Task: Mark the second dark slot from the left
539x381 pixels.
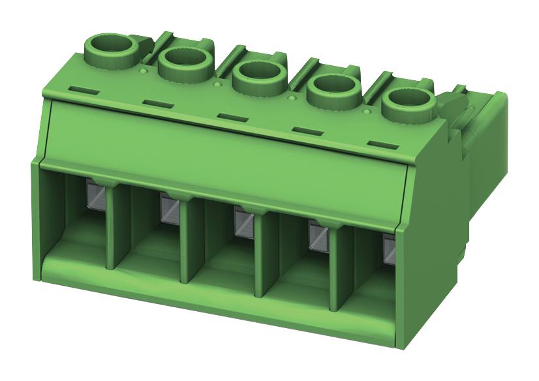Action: pyautogui.click(x=156, y=102)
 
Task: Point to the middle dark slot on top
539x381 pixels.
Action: pyautogui.click(x=230, y=116)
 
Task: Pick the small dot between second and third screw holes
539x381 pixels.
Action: pyautogui.click(x=217, y=83)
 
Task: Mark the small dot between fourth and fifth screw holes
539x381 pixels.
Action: pyautogui.click(x=366, y=112)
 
